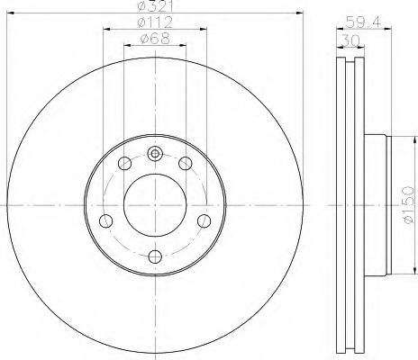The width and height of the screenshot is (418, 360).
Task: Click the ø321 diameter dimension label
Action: click(x=154, y=8)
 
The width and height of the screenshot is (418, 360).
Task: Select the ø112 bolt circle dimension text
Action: click(x=154, y=22)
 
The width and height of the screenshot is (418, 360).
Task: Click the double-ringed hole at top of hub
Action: click(x=154, y=152)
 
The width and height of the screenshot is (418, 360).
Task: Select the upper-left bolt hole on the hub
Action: click(x=123, y=163)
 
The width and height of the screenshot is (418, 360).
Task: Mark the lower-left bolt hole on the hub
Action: click(x=106, y=220)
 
